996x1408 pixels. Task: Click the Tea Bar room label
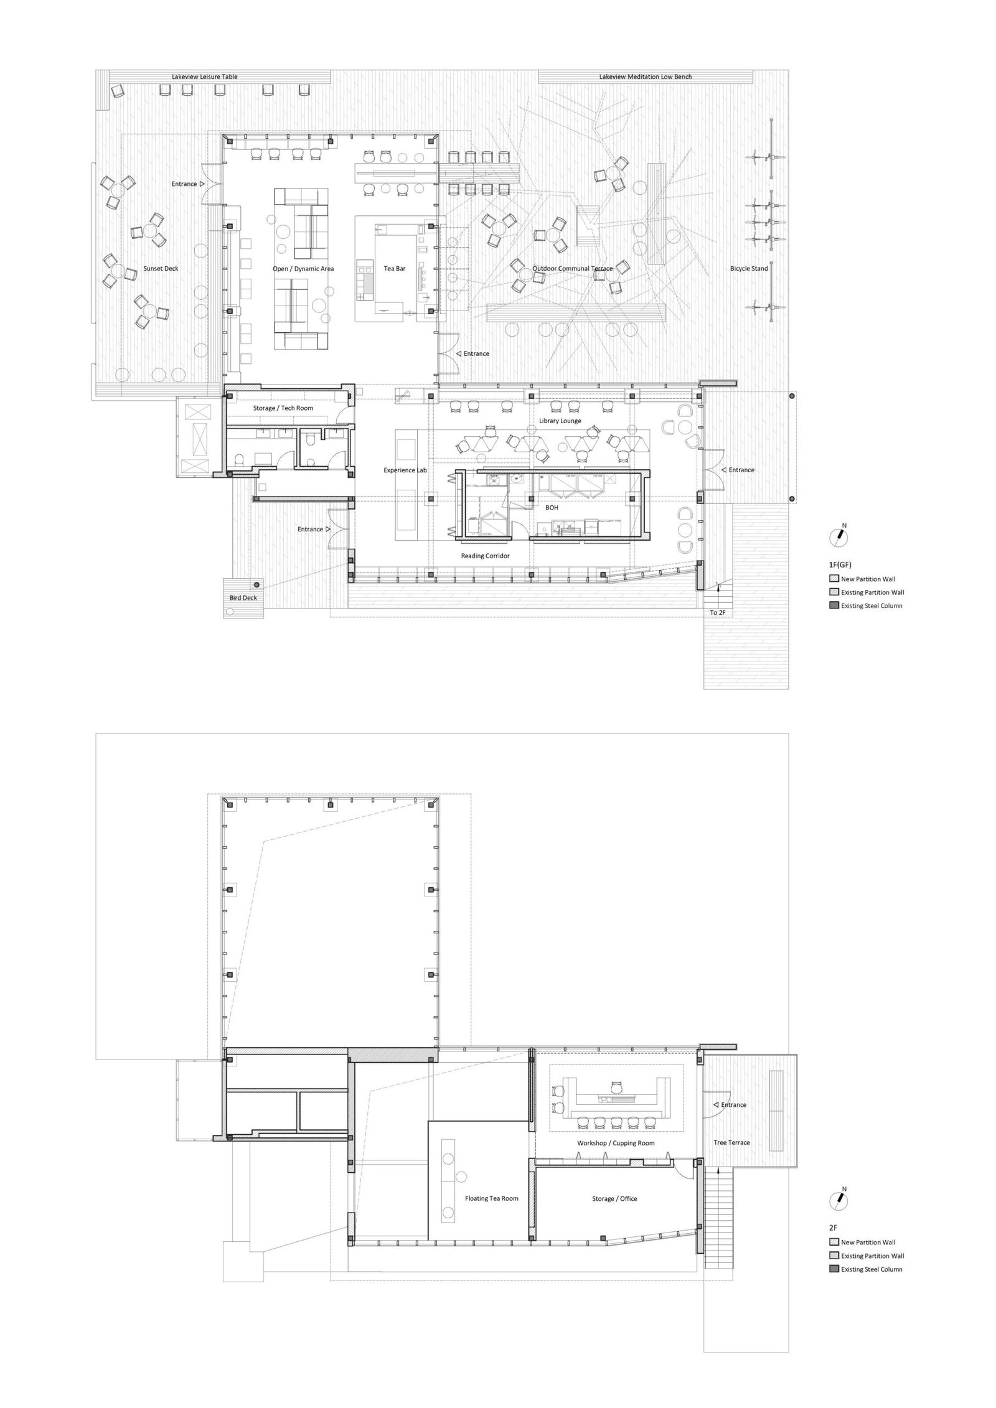point(394,269)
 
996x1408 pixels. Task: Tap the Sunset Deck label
point(161,269)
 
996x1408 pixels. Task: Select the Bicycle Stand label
point(749,269)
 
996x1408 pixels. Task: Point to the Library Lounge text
point(560,421)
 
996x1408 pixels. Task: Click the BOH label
point(552,508)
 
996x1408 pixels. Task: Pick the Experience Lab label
point(405,470)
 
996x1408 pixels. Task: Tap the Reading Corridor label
point(485,556)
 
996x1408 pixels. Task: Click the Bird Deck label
point(242,598)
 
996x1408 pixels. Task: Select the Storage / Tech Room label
point(283,408)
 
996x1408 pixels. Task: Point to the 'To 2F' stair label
point(718,612)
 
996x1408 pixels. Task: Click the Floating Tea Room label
point(491,1198)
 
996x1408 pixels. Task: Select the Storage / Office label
point(614,1198)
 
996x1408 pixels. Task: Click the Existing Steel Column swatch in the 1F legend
point(834,605)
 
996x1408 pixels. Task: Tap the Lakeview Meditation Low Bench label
point(646,77)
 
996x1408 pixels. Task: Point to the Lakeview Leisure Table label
point(205,77)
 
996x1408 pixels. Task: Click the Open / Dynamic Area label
point(303,269)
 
